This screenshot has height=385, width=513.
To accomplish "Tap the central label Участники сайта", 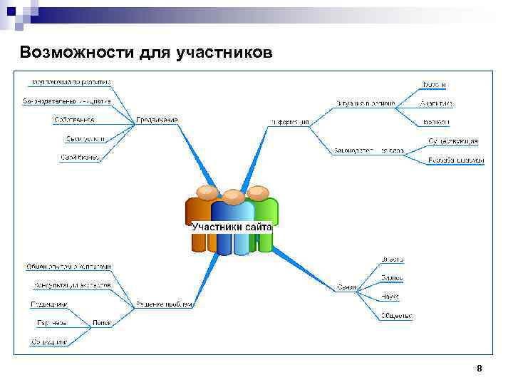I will click(232, 227).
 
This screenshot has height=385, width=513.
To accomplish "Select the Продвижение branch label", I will click(157, 119).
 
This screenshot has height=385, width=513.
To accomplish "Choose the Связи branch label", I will click(346, 287).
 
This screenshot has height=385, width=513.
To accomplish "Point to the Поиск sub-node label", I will click(100, 322).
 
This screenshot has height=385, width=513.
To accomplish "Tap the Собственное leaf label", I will click(74, 119).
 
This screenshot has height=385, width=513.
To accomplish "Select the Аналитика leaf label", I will click(436, 103).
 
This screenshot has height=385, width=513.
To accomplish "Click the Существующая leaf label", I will click(453, 141).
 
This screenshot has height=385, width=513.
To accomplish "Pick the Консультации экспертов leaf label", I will click(72, 285).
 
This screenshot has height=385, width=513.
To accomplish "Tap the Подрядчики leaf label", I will click(49, 304).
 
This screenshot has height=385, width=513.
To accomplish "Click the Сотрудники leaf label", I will click(49, 342).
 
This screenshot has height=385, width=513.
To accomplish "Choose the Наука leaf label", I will click(390, 296).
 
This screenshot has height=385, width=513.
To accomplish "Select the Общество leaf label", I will click(397, 315).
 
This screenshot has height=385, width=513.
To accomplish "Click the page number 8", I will click(479, 369).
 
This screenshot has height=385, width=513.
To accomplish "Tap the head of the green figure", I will click(257, 191).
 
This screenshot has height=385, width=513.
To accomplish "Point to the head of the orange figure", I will click(207, 191).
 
